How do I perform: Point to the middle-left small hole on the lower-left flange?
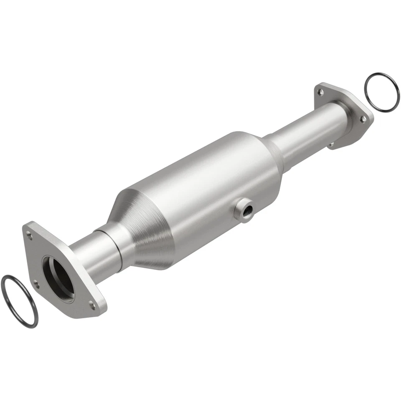[x=37, y=284]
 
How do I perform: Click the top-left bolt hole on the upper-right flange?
[x=320, y=91]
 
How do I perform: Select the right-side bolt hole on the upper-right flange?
[x=363, y=119]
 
